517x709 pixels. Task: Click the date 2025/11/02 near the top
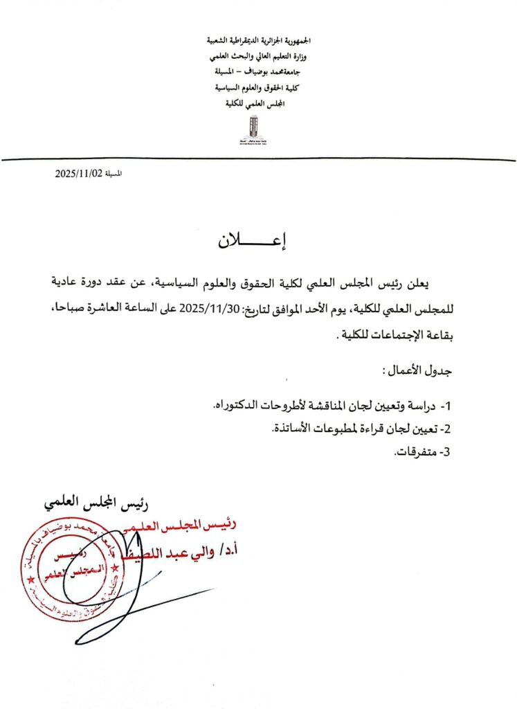coord(79,174)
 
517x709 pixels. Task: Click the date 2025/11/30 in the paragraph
coord(202,309)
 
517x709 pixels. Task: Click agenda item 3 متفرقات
coord(422,453)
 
